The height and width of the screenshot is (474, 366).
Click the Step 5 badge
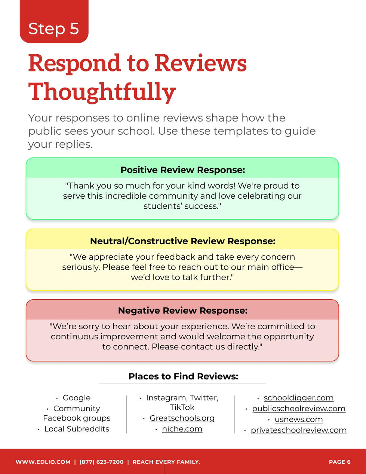[54, 21]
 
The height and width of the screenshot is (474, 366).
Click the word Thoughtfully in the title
[102, 92]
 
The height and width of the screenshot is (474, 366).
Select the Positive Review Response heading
[183, 170]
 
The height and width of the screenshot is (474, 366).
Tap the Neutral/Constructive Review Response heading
[183, 241]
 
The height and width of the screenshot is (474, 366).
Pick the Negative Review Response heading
[183, 311]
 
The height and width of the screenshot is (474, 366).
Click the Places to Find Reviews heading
[183, 376]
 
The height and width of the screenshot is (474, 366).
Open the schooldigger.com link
[299, 398]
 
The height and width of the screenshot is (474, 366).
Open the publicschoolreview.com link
[299, 409]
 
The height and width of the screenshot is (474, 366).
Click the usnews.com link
[299, 419]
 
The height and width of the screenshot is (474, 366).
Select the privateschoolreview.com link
[299, 430]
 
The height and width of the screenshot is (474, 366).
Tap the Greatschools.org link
[182, 418]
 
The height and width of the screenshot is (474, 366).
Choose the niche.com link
[182, 429]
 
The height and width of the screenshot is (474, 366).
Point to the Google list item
[77, 398]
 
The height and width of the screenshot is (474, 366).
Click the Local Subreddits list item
[77, 429]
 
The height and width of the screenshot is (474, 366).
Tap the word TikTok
[182, 407]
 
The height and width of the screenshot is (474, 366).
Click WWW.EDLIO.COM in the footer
[43, 462]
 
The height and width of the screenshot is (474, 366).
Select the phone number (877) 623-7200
[101, 462]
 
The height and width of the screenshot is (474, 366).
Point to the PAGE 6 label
[339, 462]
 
